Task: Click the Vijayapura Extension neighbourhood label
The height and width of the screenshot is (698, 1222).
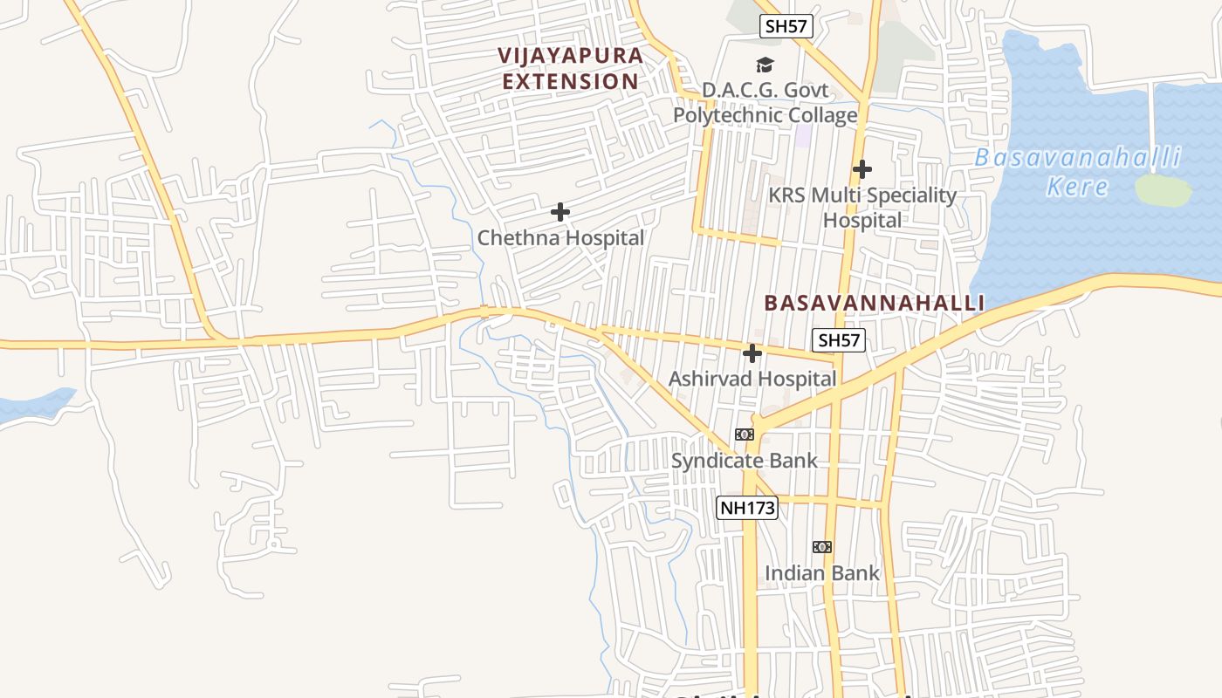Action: pos(571,68)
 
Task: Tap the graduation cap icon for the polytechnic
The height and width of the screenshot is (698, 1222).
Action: pos(765,65)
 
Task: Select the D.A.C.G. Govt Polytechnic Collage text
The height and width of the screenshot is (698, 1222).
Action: pos(765,103)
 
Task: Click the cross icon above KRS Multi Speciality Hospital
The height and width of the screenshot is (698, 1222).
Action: pos(862,168)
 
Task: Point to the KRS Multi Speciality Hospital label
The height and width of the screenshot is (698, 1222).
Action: pos(862,208)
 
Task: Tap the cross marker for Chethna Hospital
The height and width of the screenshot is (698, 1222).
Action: pos(560,212)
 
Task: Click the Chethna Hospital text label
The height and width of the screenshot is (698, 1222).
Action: pos(560,237)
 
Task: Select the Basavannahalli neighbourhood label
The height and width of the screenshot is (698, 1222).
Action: pos(874,303)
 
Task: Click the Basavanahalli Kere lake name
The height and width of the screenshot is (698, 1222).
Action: pos(1077,172)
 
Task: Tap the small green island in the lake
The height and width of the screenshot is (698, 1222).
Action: pos(1163,190)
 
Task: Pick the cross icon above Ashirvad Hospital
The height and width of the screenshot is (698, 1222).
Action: pos(752,353)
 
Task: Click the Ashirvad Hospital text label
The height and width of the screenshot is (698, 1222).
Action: pos(752,379)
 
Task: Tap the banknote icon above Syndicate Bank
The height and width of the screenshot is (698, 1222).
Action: pos(744,435)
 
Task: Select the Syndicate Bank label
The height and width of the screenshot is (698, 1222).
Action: pos(744,461)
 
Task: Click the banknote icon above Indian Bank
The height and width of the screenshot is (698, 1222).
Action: pos(822,547)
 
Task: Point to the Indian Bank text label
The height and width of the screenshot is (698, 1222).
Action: pos(822,573)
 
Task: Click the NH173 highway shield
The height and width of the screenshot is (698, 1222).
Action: pos(747,508)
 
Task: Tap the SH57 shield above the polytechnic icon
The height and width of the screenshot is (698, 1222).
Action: pos(786,26)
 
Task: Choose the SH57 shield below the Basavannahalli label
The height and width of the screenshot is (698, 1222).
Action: pos(838,340)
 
